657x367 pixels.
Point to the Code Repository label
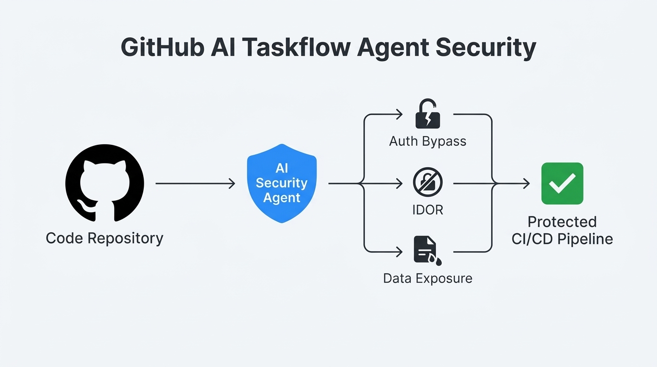tap(105, 238)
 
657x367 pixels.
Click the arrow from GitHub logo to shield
tap(195, 183)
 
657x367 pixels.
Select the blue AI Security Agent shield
tap(282, 183)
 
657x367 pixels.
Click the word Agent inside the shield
tap(282, 198)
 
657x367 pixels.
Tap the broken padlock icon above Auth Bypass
tap(427, 114)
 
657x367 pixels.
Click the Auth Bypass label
tap(427, 141)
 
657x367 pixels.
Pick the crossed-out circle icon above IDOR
tap(427, 183)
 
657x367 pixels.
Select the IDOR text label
tap(427, 210)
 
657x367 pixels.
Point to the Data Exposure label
tap(427, 278)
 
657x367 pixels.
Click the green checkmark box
tap(562, 183)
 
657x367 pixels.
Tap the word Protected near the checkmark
tap(562, 222)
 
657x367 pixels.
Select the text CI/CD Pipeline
tap(562, 239)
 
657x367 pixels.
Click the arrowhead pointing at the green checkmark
tap(526, 183)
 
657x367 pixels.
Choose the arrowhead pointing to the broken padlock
tap(400, 114)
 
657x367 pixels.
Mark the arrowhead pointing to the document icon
tap(400, 251)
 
